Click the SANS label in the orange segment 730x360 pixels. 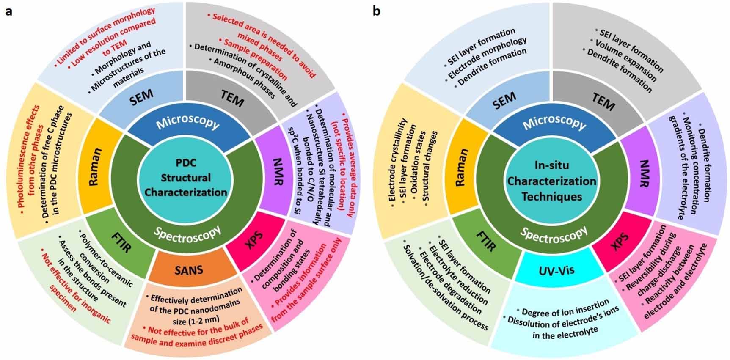click(189, 269)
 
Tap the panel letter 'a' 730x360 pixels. click(8, 11)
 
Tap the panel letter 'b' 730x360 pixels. click(376, 11)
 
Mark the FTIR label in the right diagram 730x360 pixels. click(486, 240)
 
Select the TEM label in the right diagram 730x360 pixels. click(603, 102)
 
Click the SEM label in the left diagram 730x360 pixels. click(142, 97)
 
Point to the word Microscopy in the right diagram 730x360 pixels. click(554, 123)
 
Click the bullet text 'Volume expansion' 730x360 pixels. click(626, 61)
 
